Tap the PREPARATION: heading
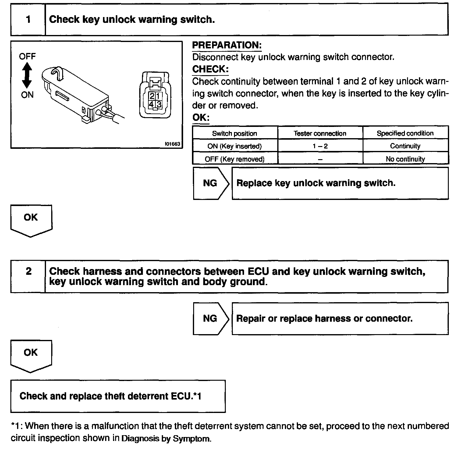click(x=227, y=45)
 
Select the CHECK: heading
click(x=210, y=69)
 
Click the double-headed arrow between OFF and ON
click(x=27, y=75)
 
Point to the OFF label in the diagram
click(x=27, y=56)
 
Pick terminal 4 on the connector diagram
click(x=151, y=104)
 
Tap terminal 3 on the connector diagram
click(x=159, y=104)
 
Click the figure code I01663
click(x=172, y=144)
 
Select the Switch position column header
click(x=235, y=133)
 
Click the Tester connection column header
click(x=320, y=133)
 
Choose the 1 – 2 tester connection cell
click(x=320, y=146)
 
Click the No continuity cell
click(x=405, y=159)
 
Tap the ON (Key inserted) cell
click(x=235, y=146)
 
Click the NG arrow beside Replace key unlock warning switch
click(x=210, y=183)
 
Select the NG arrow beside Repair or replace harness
click(x=210, y=319)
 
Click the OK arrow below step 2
click(x=31, y=355)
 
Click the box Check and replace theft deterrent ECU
click(x=118, y=396)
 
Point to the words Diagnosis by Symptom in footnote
click(x=166, y=439)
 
